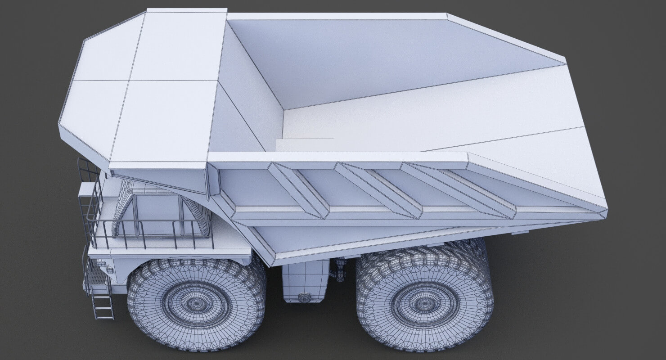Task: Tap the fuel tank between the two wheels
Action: (x=305, y=279)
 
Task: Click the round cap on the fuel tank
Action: (x=305, y=297)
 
